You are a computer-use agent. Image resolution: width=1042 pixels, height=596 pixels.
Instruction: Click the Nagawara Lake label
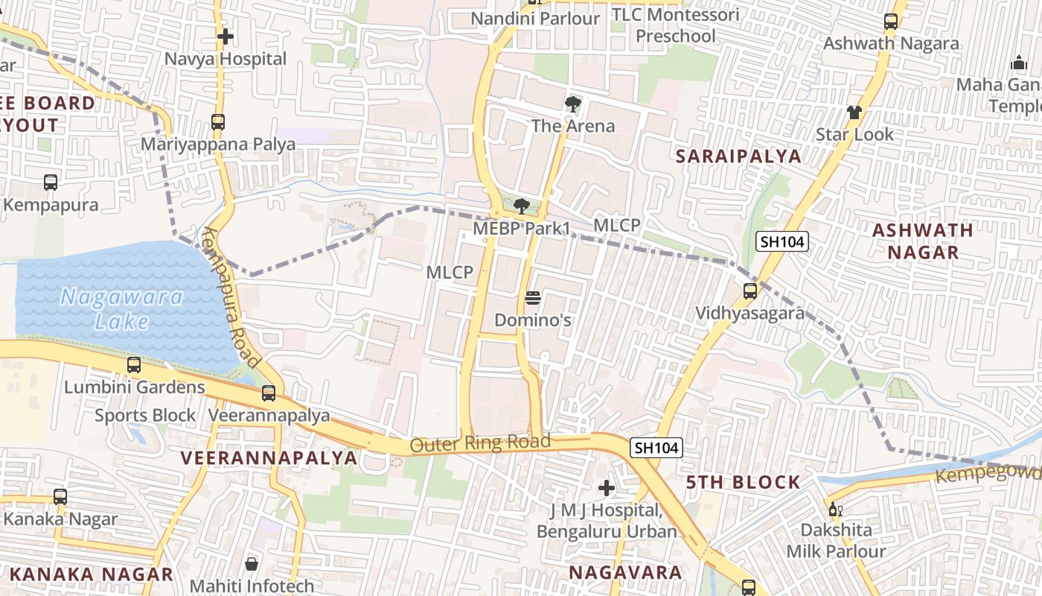(x=121, y=309)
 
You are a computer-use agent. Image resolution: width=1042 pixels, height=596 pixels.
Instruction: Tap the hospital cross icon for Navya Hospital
(x=226, y=36)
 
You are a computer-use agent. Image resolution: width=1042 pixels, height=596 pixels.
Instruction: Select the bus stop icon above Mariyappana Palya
(x=218, y=121)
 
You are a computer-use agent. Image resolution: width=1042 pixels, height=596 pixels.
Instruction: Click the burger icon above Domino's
(x=532, y=298)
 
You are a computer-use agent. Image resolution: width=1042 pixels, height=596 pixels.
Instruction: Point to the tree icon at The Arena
(x=572, y=104)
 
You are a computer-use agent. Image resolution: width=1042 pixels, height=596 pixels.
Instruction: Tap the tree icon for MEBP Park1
(x=522, y=206)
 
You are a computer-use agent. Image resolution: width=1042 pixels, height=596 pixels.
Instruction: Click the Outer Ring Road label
(x=480, y=443)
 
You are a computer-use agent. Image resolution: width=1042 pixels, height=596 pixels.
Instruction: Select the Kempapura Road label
(x=232, y=297)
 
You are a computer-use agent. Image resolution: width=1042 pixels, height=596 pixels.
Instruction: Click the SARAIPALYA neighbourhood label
(x=738, y=156)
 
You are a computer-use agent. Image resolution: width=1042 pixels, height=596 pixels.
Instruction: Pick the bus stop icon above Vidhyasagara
(x=750, y=291)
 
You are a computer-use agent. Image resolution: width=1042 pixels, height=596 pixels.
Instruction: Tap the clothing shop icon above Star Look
(x=854, y=112)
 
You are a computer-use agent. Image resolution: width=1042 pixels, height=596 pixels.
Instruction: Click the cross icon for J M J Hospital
(x=607, y=488)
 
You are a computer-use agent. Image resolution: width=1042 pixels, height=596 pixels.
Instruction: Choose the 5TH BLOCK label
(x=743, y=482)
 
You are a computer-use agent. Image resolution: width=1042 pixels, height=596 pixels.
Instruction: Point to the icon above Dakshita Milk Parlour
(x=835, y=510)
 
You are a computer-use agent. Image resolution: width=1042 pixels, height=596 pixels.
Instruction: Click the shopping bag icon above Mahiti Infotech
(x=252, y=563)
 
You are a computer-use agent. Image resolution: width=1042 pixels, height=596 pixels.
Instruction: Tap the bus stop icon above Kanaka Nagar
(x=60, y=496)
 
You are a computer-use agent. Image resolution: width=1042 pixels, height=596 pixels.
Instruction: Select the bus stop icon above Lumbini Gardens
(x=134, y=365)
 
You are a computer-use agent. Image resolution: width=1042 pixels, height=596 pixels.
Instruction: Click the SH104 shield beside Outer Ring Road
(x=656, y=448)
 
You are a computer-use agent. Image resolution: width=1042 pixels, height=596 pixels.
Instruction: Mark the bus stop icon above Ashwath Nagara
(x=891, y=21)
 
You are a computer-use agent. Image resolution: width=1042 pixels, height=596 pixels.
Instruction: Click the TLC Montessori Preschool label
(x=676, y=25)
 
